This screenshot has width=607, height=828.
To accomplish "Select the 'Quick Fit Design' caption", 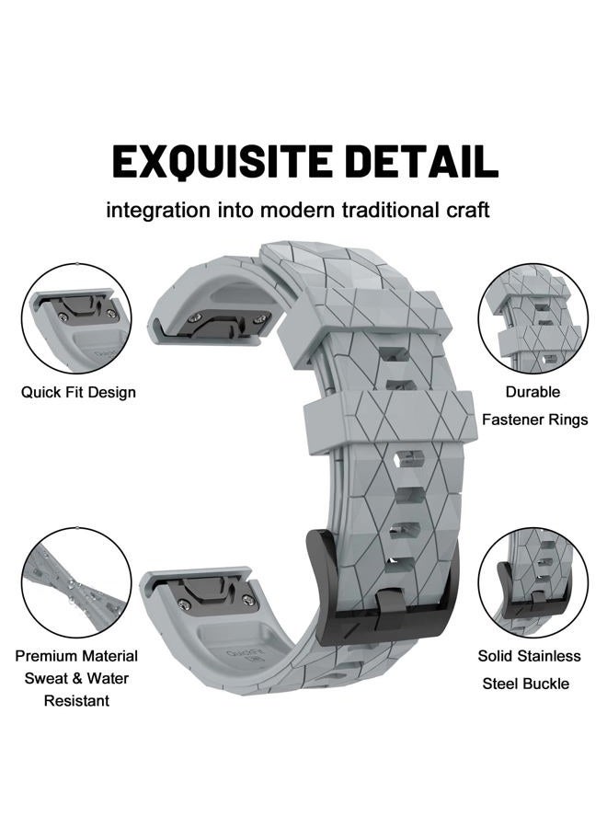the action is pyautogui.click(x=78, y=392).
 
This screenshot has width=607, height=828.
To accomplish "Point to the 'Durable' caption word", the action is pyautogui.click(x=533, y=392).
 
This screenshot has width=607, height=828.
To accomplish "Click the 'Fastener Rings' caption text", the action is pyautogui.click(x=534, y=420).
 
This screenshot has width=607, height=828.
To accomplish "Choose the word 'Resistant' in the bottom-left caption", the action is pyautogui.click(x=76, y=701).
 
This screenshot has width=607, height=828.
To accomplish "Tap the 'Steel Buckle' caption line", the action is pyautogui.click(x=526, y=684).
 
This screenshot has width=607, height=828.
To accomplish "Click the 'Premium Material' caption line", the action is pyautogui.click(x=76, y=656).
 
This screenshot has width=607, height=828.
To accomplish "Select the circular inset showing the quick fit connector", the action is pyautogui.click(x=76, y=318).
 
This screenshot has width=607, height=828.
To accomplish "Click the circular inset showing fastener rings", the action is pyautogui.click(x=533, y=319).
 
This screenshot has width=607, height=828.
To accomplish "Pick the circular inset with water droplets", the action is pyautogui.click(x=76, y=583).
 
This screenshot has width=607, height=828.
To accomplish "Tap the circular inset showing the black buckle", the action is pyautogui.click(x=533, y=583).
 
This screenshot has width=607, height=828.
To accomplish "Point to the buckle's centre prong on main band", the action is pyautogui.click(x=390, y=608).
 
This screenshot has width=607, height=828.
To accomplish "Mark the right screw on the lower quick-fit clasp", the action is pyautogui.click(x=247, y=599).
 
